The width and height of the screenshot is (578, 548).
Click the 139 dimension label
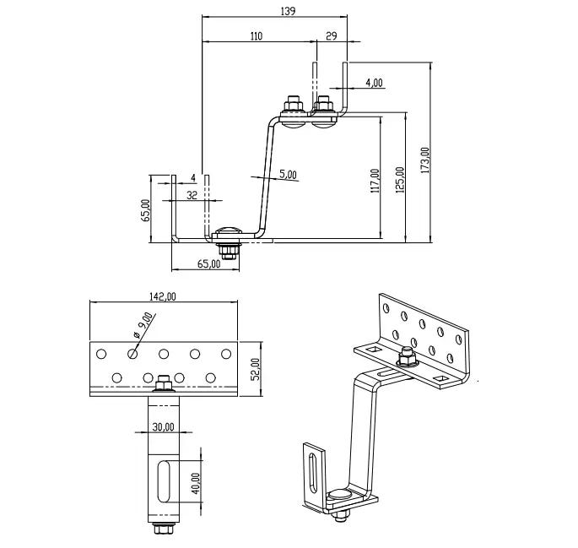click(x=288, y=11)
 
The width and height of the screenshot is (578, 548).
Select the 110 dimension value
click(x=257, y=35)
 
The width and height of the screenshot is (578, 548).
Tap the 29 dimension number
click(x=332, y=35)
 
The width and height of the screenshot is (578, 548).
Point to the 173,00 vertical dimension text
click(x=425, y=160)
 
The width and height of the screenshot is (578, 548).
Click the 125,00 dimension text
click(x=400, y=180)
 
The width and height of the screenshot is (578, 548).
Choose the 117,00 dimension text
click(x=375, y=181)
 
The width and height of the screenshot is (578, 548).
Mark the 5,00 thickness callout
click(x=288, y=174)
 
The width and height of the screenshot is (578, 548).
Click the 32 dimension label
click(x=192, y=195)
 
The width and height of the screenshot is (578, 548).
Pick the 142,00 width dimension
click(x=163, y=296)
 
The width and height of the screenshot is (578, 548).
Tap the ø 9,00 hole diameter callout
click(x=143, y=325)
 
